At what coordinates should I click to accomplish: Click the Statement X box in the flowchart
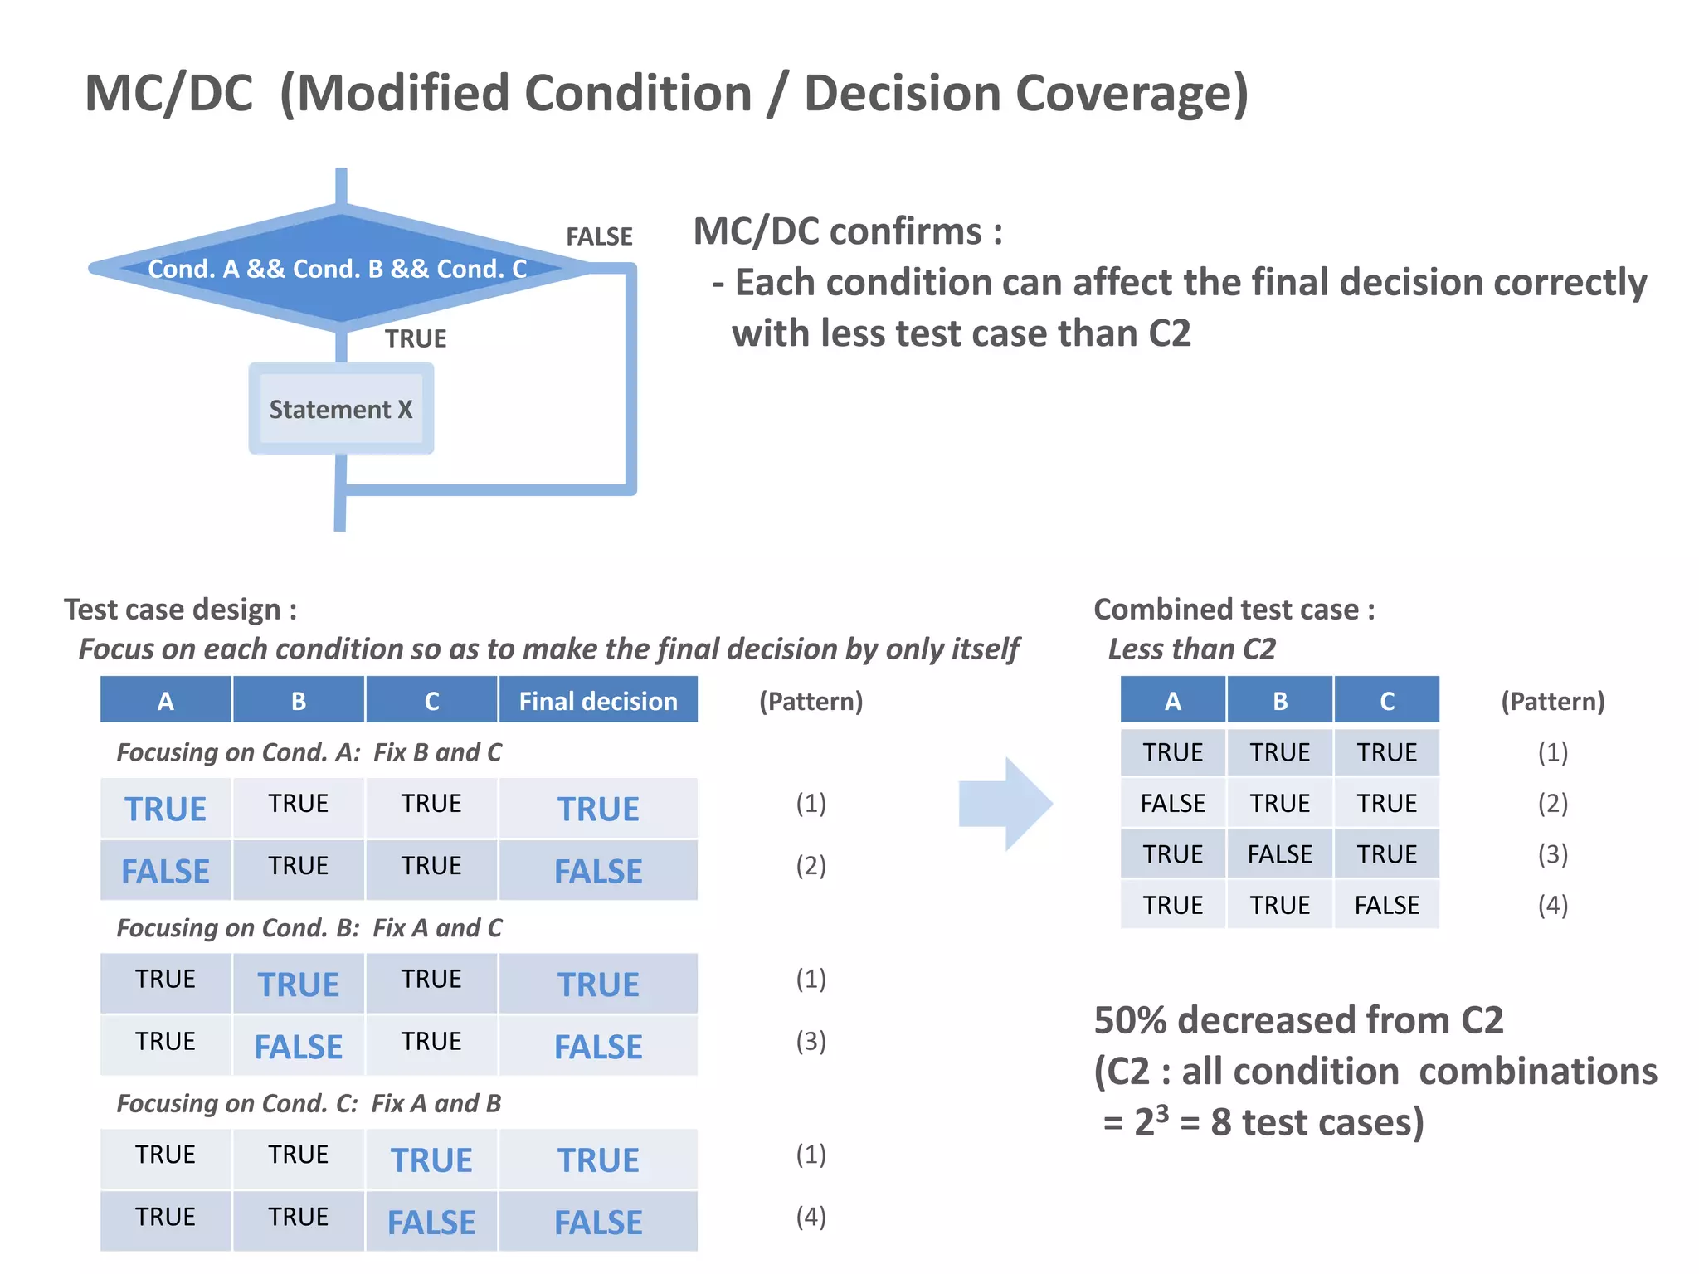[x=340, y=409]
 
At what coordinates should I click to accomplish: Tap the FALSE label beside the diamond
[x=599, y=236]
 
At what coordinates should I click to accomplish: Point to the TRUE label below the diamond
[x=415, y=338]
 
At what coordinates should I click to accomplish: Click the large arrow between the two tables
[x=1005, y=803]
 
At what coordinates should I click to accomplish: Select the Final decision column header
[x=597, y=701]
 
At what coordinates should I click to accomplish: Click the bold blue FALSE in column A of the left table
[x=165, y=871]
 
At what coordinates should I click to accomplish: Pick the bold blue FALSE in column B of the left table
[x=298, y=1047]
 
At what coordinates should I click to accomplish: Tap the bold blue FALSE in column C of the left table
[x=431, y=1222]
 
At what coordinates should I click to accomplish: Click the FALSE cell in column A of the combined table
[x=1171, y=803]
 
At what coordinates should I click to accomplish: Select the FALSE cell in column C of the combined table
[x=1386, y=904]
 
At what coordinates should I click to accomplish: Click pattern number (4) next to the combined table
[x=1552, y=904]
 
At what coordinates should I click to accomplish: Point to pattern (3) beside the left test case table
[x=811, y=1041]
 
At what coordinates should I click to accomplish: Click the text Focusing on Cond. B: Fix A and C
[x=309, y=927]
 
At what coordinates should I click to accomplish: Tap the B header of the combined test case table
[x=1279, y=701]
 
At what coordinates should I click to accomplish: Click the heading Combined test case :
[x=1234, y=609]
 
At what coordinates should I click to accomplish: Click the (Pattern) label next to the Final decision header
[x=811, y=701]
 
